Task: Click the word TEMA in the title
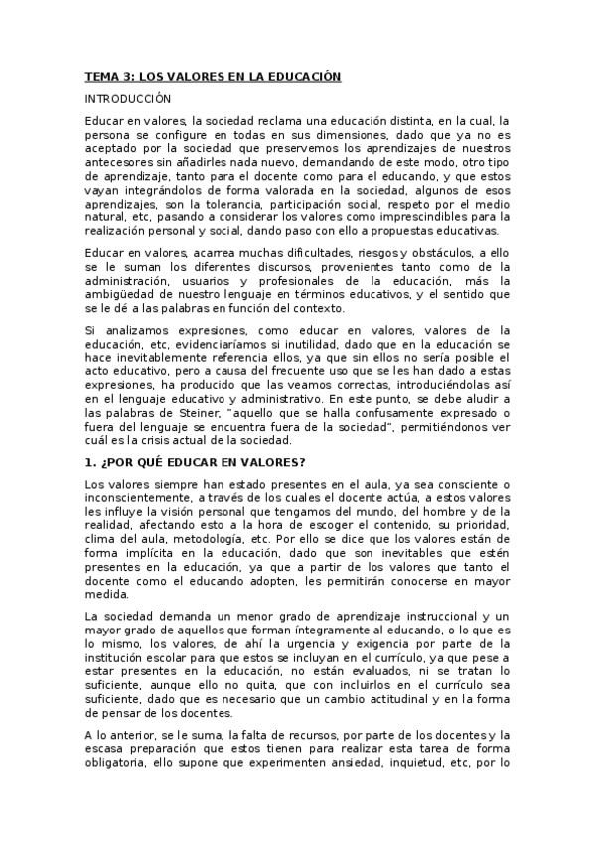(100, 75)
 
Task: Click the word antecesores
(121, 163)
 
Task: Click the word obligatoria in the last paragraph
(119, 764)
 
